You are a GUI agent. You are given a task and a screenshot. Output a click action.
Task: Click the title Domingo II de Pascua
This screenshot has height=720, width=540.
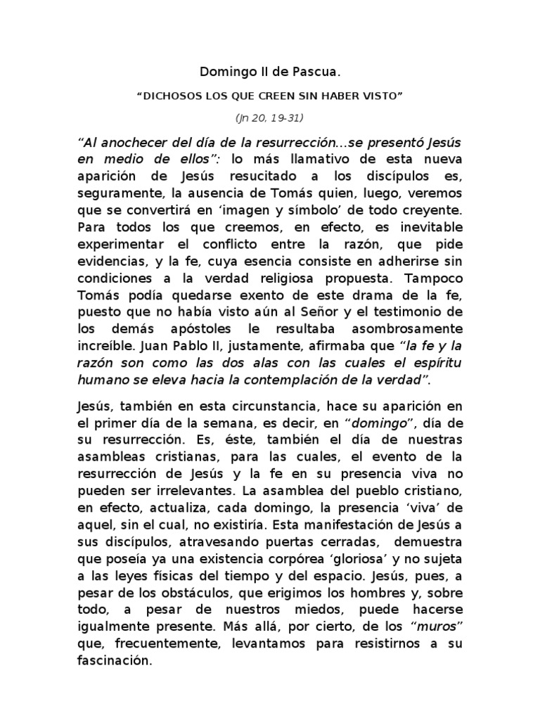point(270,72)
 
